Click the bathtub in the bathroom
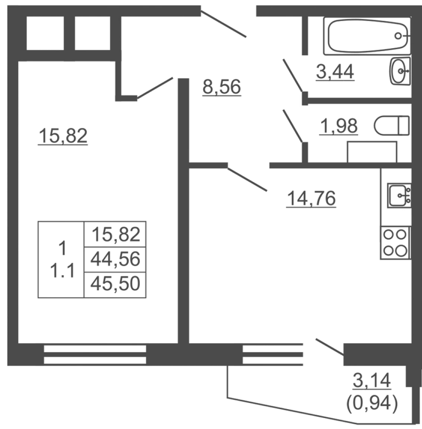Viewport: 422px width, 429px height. pyautogui.click(x=367, y=36)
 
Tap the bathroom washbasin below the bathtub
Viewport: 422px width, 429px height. pyautogui.click(x=400, y=71)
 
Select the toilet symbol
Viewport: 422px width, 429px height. pyautogui.click(x=392, y=125)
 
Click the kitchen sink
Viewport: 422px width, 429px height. pyautogui.click(x=399, y=196)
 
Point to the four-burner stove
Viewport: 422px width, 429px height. pyautogui.click(x=395, y=243)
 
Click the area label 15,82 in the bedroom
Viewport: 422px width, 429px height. pyautogui.click(x=63, y=136)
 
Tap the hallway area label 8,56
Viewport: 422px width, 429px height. pyautogui.click(x=222, y=87)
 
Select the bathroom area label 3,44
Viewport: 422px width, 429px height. pyautogui.click(x=335, y=72)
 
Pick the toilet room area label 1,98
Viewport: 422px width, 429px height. pyautogui.click(x=339, y=126)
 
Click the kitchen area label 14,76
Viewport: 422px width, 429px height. pyautogui.click(x=311, y=199)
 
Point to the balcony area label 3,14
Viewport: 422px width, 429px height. pyautogui.click(x=372, y=380)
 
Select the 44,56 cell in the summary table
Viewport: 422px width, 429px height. pyautogui.click(x=115, y=259)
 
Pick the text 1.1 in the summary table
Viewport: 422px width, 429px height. pyautogui.click(x=62, y=271)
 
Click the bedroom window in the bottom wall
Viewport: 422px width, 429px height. pyautogui.click(x=95, y=355)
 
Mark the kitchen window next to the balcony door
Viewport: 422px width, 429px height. pyautogui.click(x=273, y=355)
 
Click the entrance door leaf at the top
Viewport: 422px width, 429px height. pyautogui.click(x=223, y=24)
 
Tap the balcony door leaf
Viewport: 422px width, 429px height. pyautogui.click(x=330, y=347)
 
